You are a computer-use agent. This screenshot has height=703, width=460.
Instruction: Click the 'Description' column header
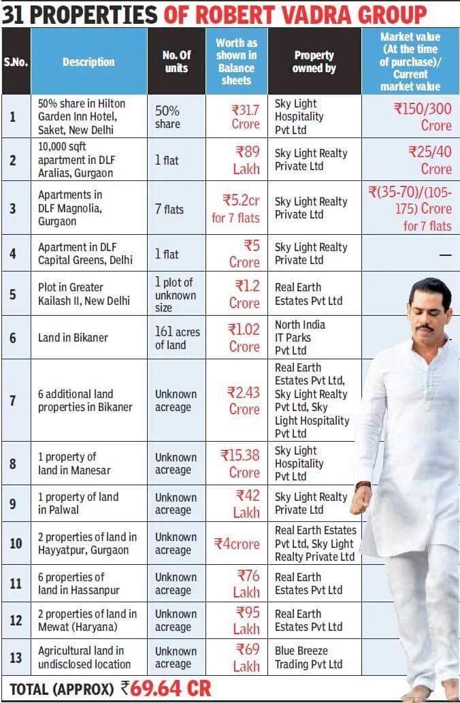pos(88,62)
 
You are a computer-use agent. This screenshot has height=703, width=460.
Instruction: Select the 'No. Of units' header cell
pos(176,62)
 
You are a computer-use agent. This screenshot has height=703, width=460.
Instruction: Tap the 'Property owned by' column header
pos(314,62)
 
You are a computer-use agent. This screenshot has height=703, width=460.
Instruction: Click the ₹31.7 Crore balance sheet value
pos(236,116)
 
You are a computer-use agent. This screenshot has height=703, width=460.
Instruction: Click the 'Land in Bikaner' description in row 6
pos(73,338)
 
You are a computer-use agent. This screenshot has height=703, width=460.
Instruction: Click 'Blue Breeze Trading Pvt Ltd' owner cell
pos(309,657)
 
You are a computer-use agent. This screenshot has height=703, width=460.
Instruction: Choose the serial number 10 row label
pos(16,543)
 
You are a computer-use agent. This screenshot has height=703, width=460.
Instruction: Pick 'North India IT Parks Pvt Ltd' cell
pos(300,338)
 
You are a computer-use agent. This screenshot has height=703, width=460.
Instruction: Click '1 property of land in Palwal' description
pos(78,504)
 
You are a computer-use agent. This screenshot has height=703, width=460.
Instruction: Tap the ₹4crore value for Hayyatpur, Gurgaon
pos(237,544)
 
